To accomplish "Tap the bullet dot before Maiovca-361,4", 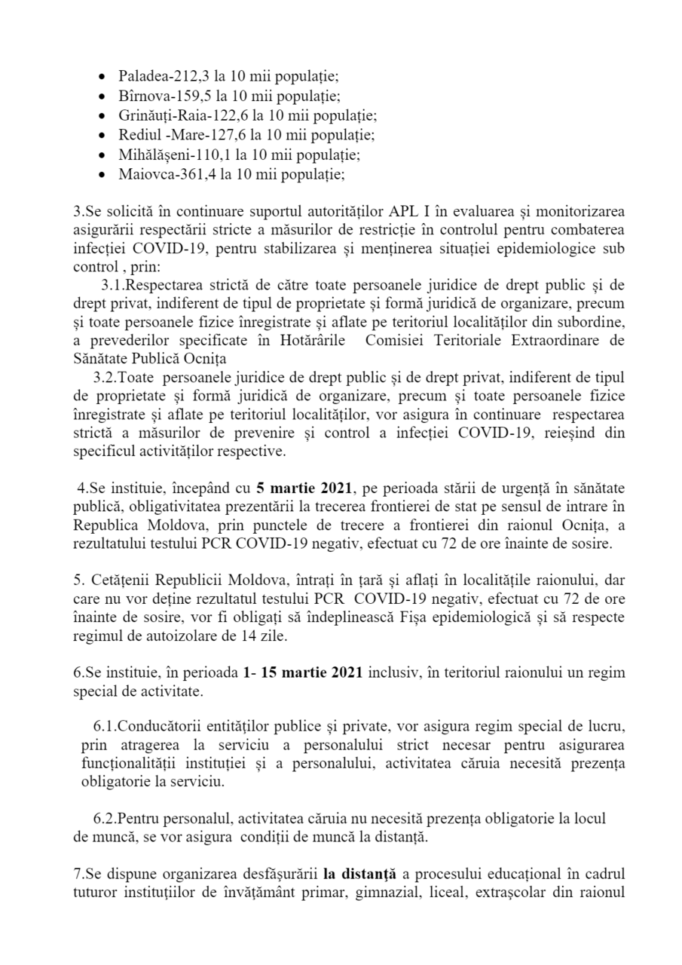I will [x=103, y=174].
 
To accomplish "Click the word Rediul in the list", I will [x=136, y=135].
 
